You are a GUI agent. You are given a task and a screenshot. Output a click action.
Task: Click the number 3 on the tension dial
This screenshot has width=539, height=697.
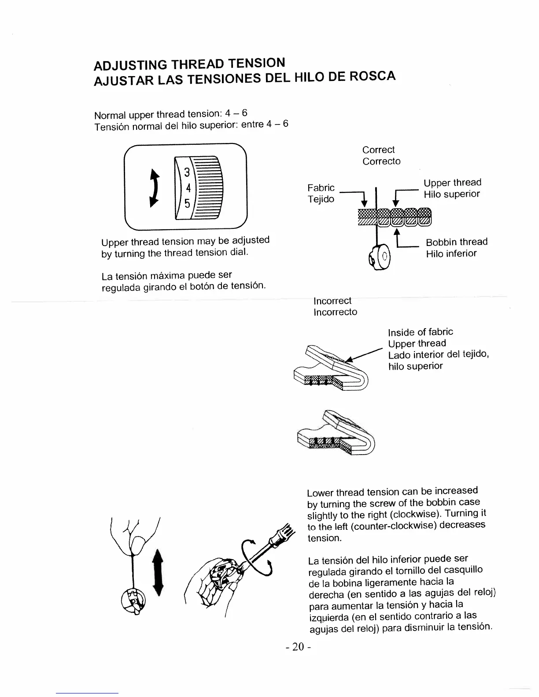tap(187, 172)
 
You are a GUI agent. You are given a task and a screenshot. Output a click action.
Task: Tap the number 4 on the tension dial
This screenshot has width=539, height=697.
tap(188, 188)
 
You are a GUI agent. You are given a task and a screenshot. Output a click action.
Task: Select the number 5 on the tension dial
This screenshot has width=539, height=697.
tap(187, 204)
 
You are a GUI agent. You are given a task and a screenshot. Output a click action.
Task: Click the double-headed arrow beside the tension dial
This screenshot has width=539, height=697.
tap(154, 188)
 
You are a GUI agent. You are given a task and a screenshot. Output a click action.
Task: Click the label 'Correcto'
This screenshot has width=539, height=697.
tap(381, 161)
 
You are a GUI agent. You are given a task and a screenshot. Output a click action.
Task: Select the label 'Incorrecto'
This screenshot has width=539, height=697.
tap(335, 312)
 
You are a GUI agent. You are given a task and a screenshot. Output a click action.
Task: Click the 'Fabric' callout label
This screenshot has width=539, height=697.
tap(321, 188)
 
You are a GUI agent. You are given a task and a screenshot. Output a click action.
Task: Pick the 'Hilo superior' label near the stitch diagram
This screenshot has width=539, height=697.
tap(451, 194)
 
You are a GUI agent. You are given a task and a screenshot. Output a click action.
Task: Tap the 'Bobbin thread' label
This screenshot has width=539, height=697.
tap(457, 242)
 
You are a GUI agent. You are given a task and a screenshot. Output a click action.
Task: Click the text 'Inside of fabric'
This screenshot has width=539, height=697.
tap(420, 332)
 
